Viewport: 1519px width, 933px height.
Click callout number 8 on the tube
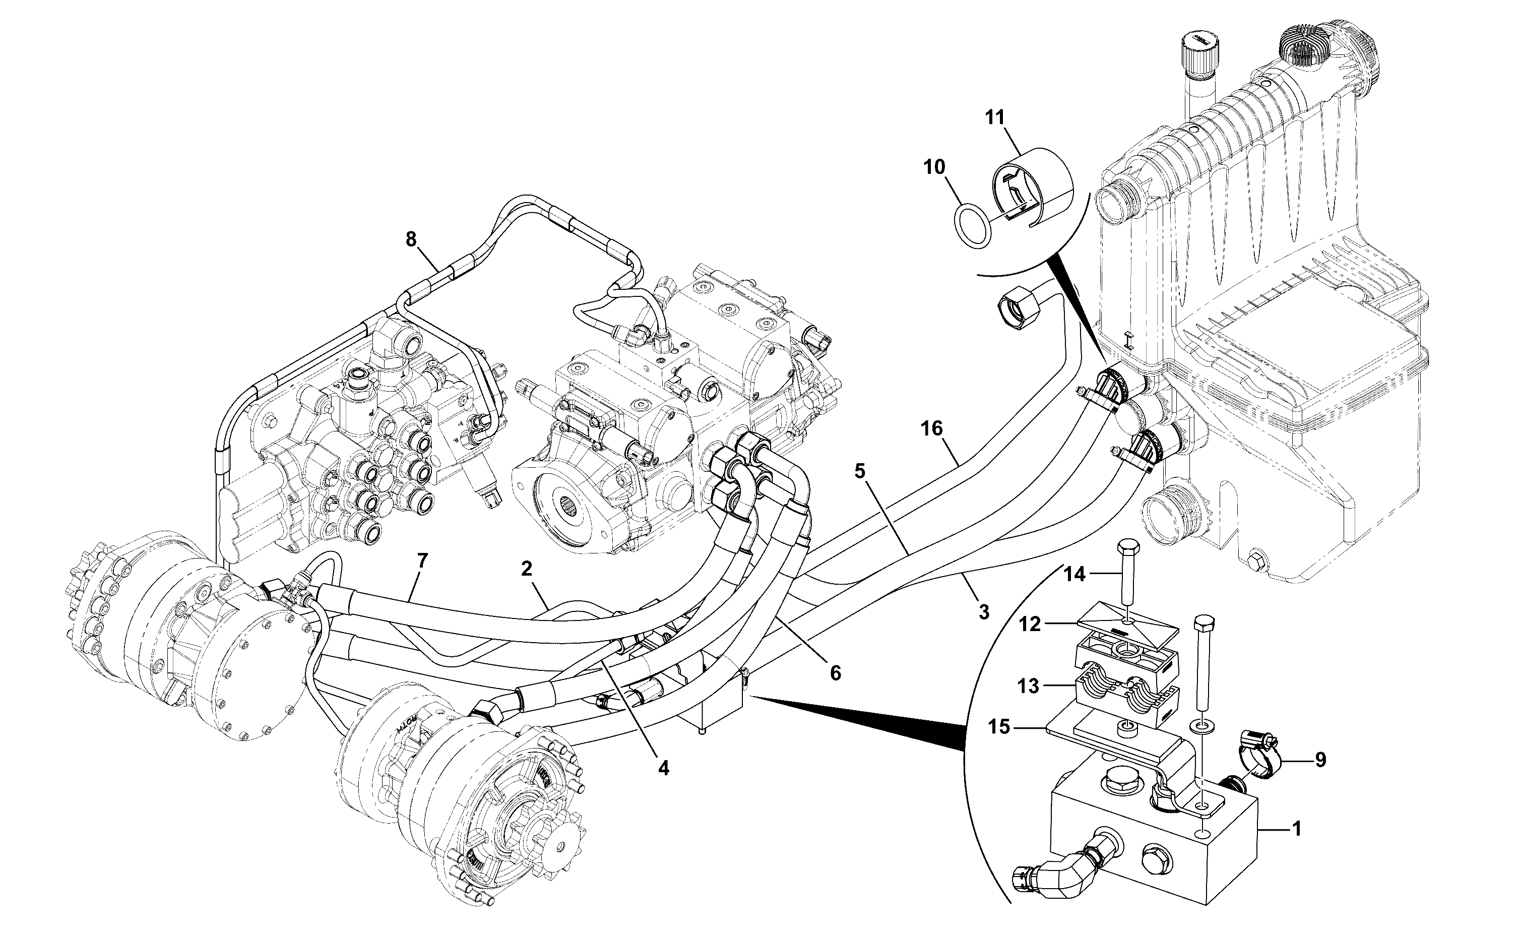[411, 239]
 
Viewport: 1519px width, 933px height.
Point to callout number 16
[932, 428]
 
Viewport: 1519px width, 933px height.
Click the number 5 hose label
[861, 471]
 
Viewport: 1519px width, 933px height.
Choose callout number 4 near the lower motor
[663, 768]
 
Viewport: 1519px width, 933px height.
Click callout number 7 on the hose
[422, 561]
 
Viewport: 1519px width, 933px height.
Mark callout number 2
[526, 568]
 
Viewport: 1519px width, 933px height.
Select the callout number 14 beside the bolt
[1074, 575]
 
